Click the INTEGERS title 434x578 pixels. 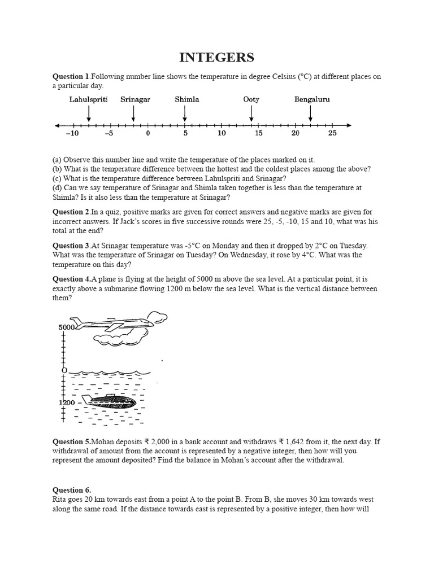point(216,58)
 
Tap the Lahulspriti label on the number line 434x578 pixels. point(88,99)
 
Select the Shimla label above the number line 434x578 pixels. point(186,99)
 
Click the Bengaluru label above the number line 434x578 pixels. point(312,99)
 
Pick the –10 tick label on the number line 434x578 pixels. point(72,134)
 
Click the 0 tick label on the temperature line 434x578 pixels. point(148,134)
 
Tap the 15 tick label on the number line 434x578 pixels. point(258,134)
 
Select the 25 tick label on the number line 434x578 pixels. point(332,134)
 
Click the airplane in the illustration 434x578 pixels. point(113,325)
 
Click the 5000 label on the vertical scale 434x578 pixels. point(67,327)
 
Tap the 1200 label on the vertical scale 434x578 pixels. point(67,402)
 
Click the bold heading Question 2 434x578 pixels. point(71,212)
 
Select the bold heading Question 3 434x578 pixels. point(71,246)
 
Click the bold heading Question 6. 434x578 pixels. point(72,490)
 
